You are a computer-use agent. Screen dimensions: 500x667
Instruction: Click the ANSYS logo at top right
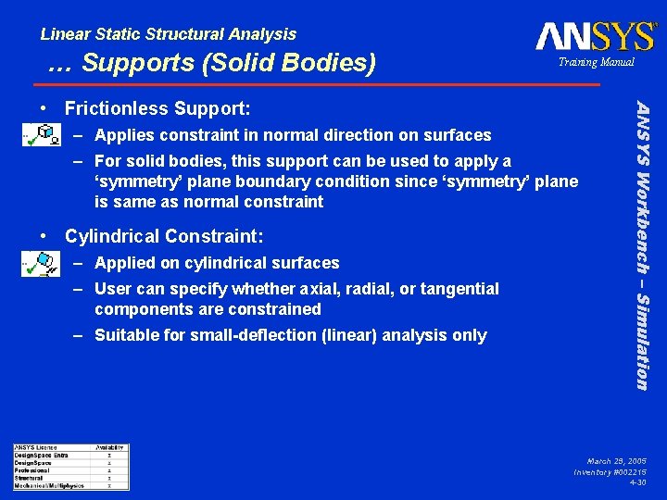[595, 37]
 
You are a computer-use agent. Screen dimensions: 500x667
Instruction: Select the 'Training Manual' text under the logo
[596, 62]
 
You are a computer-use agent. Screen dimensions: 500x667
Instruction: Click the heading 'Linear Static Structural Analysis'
[169, 34]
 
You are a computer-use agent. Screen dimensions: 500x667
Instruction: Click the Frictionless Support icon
[42, 137]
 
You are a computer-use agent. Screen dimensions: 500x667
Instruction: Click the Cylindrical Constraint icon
[42, 267]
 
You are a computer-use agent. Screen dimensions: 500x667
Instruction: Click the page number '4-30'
[637, 482]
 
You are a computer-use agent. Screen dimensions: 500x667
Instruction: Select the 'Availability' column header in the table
[109, 448]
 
